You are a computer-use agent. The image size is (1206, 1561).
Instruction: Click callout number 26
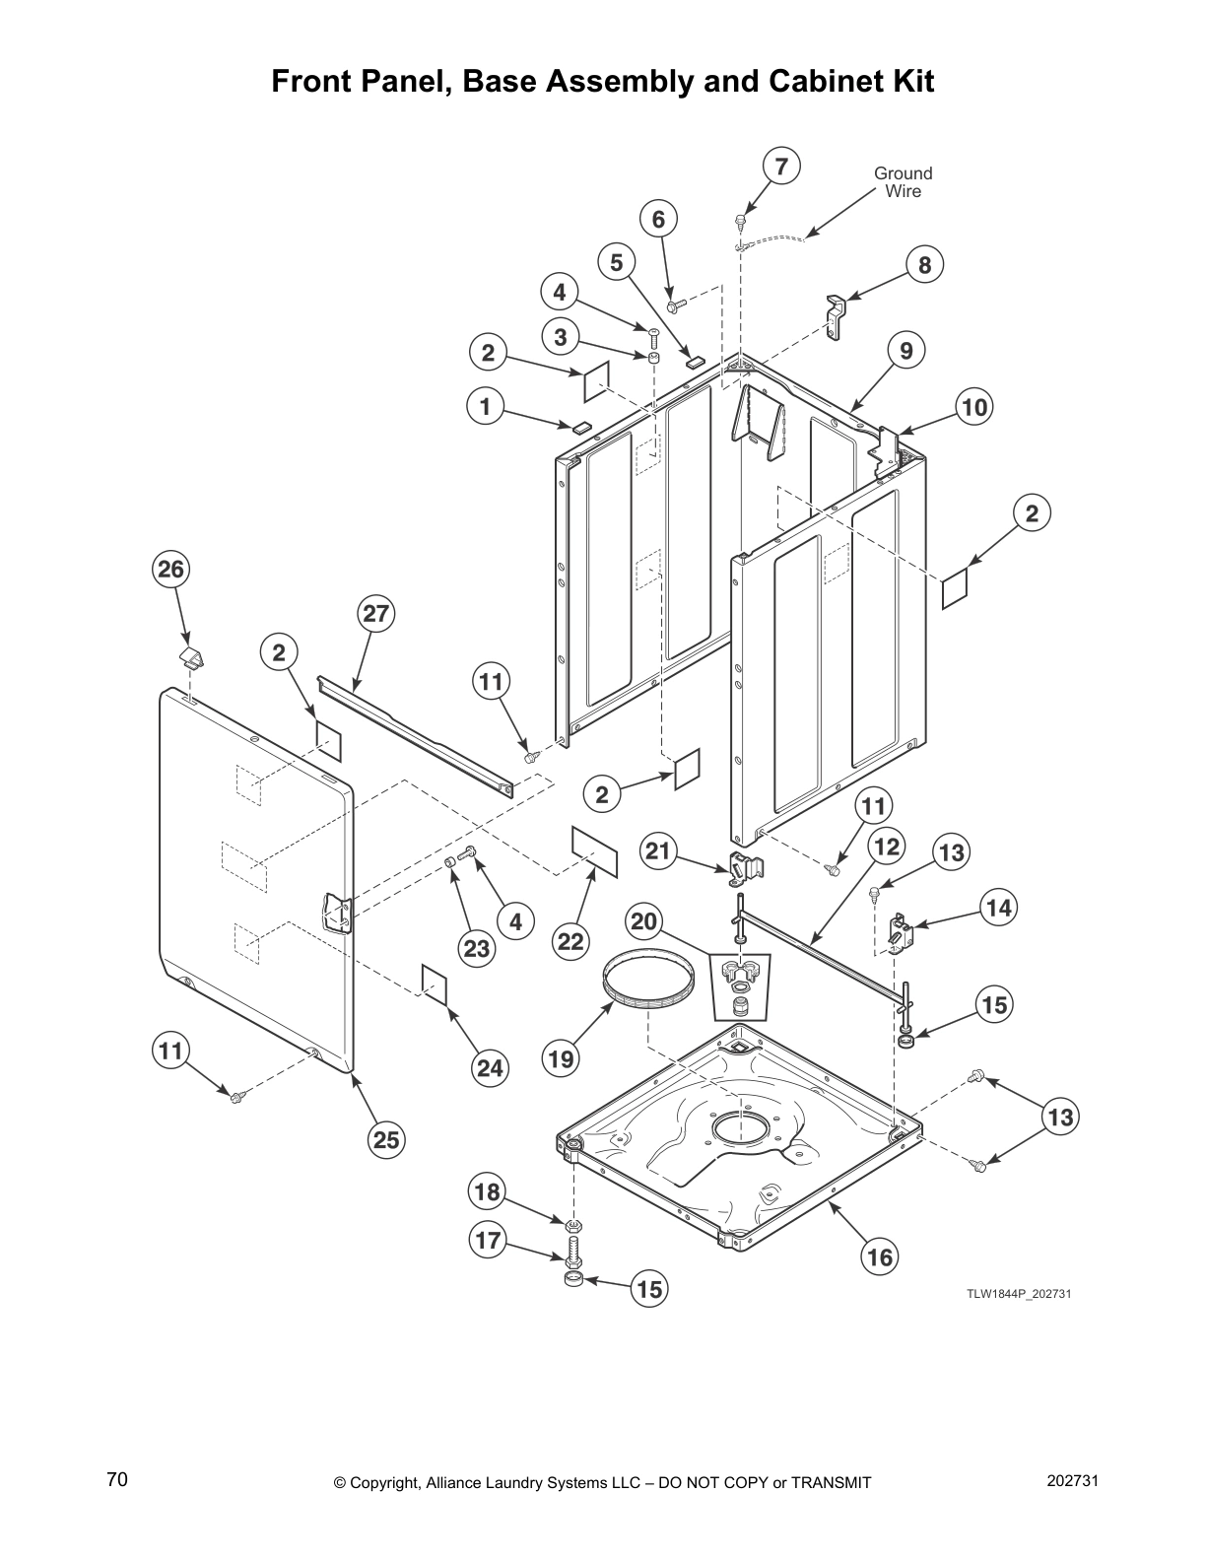(x=171, y=570)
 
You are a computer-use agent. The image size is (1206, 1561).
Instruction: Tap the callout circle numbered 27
(x=375, y=614)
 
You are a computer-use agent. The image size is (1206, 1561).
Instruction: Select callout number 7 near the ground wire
(x=781, y=167)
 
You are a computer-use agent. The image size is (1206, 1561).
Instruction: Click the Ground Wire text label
(x=903, y=182)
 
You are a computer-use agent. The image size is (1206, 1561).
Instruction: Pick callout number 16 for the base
(x=880, y=1256)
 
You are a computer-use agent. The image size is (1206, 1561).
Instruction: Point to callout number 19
(x=561, y=1059)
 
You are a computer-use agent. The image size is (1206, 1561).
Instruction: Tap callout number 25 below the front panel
(x=386, y=1139)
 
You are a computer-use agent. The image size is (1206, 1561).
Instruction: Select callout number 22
(x=570, y=941)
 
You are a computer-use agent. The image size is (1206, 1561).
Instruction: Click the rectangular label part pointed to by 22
(x=595, y=852)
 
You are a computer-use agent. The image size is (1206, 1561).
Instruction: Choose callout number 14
(x=999, y=908)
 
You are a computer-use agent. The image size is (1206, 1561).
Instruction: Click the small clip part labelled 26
(x=191, y=657)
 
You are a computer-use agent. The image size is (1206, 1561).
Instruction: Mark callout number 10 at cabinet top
(x=974, y=407)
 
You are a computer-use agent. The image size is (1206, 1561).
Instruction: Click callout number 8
(x=924, y=264)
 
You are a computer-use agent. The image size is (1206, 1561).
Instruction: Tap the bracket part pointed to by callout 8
(x=836, y=317)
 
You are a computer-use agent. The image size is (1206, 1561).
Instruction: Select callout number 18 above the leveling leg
(x=488, y=1192)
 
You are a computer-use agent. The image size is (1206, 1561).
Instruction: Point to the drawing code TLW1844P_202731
(x=1018, y=1294)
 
